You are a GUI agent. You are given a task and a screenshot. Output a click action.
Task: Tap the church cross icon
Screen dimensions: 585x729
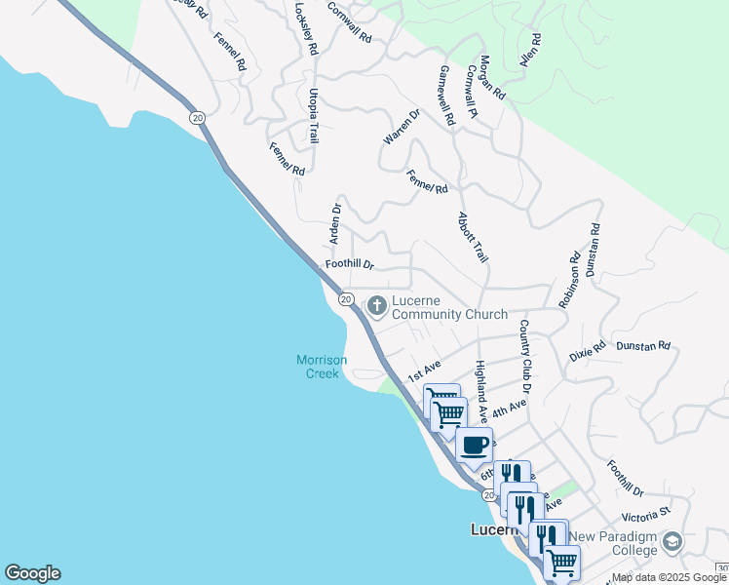[x=375, y=307]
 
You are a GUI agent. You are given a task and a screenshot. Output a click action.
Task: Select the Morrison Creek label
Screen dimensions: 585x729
[x=321, y=367]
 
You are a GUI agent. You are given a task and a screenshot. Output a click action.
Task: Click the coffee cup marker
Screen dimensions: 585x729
[x=475, y=446]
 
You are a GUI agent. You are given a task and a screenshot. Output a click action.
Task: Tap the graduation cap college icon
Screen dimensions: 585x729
[x=671, y=541]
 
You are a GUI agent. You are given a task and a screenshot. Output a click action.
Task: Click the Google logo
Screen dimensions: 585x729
[x=32, y=573]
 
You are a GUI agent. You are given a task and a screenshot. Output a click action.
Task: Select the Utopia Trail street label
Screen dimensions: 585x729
[x=314, y=116]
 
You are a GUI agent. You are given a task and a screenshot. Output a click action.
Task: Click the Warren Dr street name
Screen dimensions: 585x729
[x=401, y=128]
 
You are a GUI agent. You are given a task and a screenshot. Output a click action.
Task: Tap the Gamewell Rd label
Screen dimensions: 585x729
[x=447, y=96]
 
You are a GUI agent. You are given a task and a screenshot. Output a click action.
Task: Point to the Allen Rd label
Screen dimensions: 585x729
[x=530, y=50]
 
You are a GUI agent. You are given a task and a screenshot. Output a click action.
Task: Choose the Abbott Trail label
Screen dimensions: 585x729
[x=473, y=237]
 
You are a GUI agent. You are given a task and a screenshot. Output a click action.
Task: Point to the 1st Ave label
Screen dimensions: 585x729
[x=424, y=370]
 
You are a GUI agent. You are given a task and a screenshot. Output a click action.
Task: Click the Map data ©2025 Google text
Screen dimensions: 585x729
[x=670, y=578]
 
